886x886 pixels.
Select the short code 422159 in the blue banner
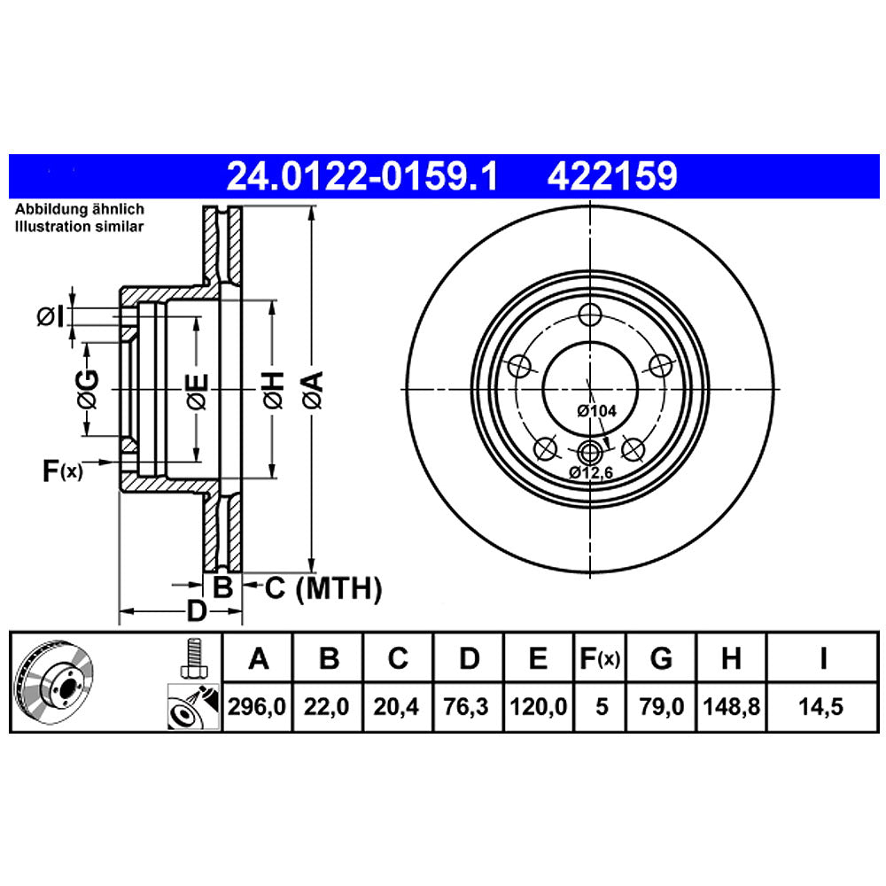[613, 176]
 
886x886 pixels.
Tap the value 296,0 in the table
[258, 708]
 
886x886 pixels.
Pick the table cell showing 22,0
[329, 708]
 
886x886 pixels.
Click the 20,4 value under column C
[399, 708]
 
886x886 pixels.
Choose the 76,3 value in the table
[469, 708]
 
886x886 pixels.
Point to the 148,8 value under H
[731, 708]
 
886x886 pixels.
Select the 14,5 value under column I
[823, 708]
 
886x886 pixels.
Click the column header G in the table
[661, 658]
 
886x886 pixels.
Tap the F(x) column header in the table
[601, 658]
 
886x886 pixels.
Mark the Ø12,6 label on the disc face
[592, 472]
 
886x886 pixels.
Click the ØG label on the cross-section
[87, 390]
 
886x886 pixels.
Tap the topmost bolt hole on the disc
[590, 314]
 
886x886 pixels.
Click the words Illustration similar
[78, 227]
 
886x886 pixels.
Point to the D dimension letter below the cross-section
[196, 610]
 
